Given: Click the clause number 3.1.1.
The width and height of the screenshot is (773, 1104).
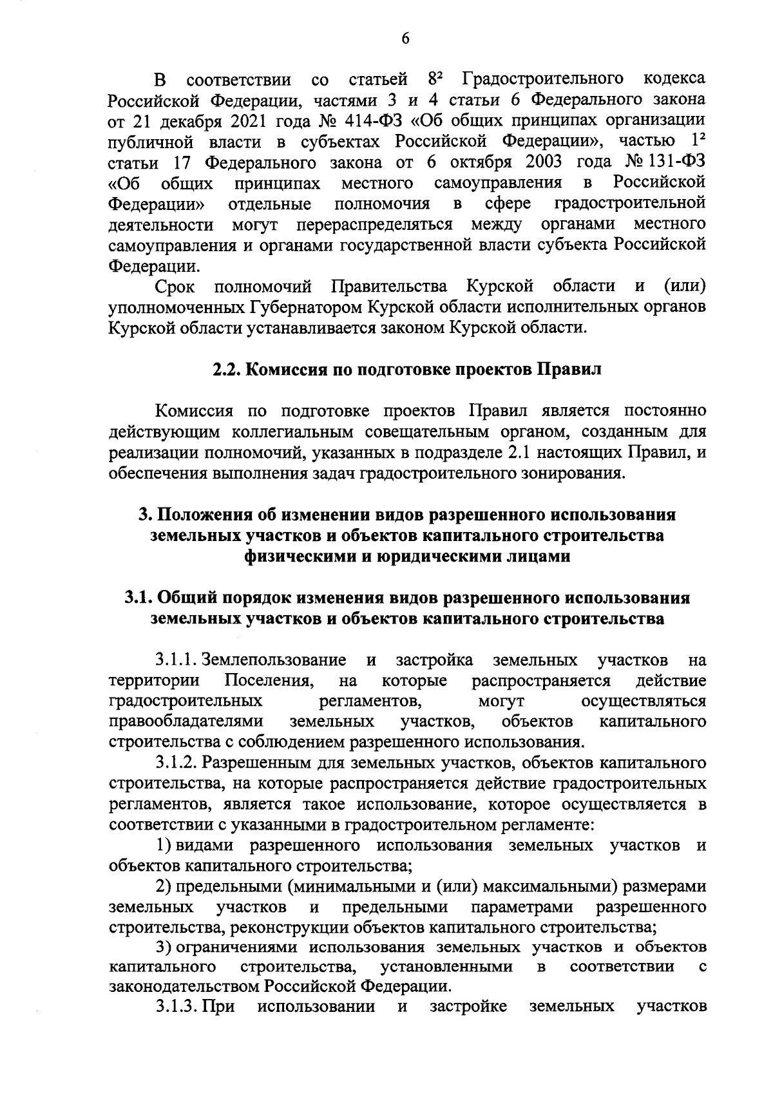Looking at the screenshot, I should tap(177, 660).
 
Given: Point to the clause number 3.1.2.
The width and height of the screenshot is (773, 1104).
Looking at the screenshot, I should tap(177, 763).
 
